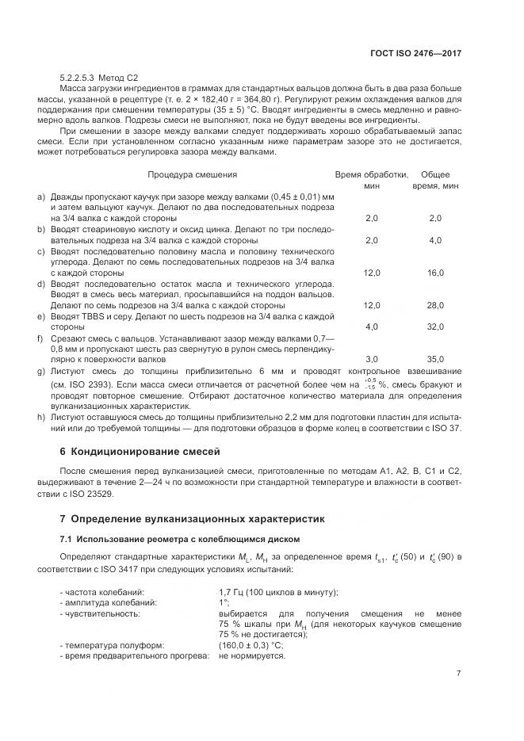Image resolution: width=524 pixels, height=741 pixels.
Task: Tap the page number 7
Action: click(458, 674)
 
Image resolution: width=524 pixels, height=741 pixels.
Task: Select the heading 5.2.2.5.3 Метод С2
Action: click(99, 78)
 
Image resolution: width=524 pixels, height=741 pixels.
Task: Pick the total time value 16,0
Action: click(435, 273)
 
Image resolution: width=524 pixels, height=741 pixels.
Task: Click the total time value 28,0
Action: click(435, 305)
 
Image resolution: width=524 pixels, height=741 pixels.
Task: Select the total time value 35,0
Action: click(435, 359)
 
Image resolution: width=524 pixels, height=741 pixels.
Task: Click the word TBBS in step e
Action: click(89, 315)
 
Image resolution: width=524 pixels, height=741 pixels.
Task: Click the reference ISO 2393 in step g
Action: click(93, 384)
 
